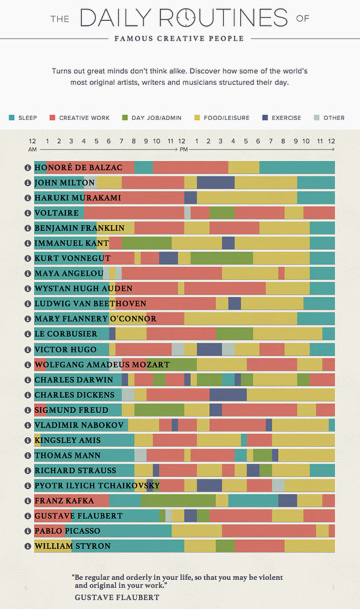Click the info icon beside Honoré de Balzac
[x=27, y=167]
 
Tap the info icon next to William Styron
[x=27, y=546]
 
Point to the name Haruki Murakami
[x=77, y=198]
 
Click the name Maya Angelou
[x=68, y=274]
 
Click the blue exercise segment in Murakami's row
[x=190, y=198]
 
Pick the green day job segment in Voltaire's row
[x=222, y=213]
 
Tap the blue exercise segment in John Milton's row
[x=216, y=182]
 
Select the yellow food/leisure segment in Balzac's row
[x=243, y=167]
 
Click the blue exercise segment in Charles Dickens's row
[x=228, y=395]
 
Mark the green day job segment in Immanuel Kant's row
[x=147, y=243]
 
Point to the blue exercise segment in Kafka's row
[x=288, y=500]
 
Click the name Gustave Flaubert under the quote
[x=117, y=597]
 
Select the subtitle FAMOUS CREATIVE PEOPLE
[x=179, y=38]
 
